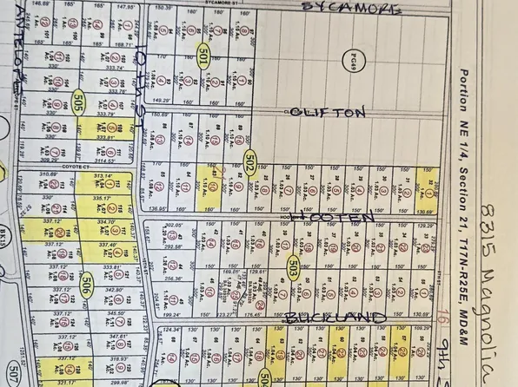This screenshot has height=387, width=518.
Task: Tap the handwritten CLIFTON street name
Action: [329, 113]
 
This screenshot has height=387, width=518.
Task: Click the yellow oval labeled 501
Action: [203, 56]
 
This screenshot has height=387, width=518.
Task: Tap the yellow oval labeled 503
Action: [294, 266]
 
